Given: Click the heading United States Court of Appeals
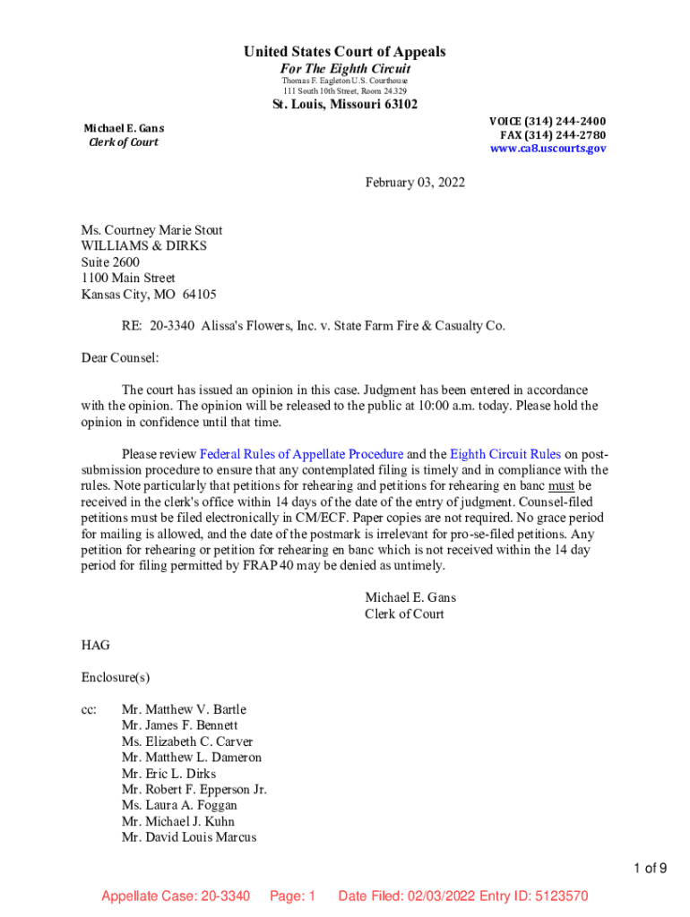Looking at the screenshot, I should click(x=344, y=52).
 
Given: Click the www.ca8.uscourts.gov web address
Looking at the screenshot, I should click(x=548, y=149).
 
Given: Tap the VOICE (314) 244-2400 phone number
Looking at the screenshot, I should click(x=547, y=121).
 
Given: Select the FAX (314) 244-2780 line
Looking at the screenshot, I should click(x=552, y=135).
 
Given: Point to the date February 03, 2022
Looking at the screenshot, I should click(x=415, y=183).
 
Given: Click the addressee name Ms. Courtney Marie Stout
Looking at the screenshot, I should click(x=151, y=230).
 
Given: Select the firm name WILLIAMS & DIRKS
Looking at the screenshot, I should click(x=137, y=246).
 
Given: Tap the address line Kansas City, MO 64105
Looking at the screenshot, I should click(x=148, y=295).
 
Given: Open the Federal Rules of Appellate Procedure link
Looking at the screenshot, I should click(x=301, y=454).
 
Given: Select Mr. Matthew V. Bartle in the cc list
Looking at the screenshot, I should click(x=184, y=709).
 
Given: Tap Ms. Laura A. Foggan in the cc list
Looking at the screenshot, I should click(x=179, y=805).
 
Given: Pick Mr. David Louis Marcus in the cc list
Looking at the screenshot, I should click(x=189, y=837).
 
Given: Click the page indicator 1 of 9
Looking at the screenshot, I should click(x=650, y=868).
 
